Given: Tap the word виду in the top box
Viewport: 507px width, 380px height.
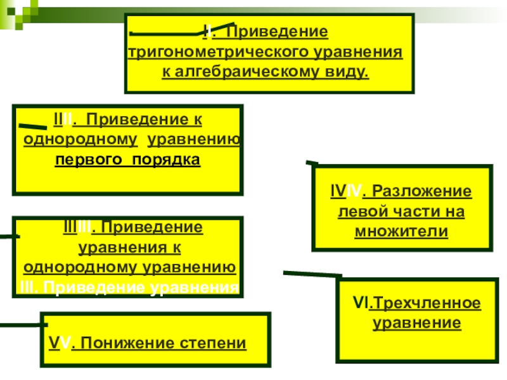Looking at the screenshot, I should (349, 72).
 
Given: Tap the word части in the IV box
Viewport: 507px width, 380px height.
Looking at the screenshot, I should (412, 212).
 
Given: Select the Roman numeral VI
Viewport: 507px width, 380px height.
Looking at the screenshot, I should (361, 303).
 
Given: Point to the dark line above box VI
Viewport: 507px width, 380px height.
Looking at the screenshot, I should (312, 274).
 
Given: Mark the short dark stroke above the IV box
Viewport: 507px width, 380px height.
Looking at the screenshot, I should (312, 163).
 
